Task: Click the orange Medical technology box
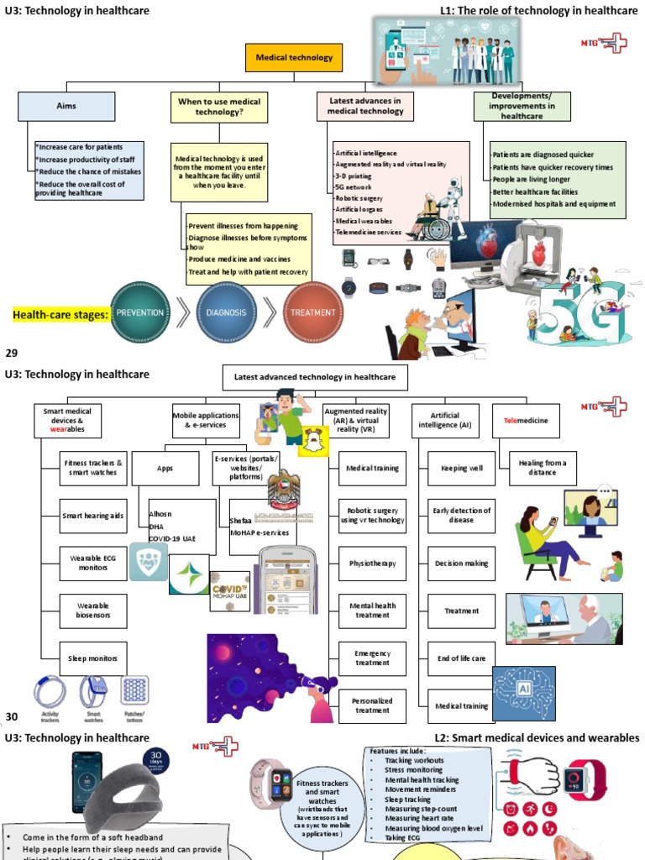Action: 294,58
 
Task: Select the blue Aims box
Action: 66,106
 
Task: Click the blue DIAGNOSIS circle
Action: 227,312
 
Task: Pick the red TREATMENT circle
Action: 312,312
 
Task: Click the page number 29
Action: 12,353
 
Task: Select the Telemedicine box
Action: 527,420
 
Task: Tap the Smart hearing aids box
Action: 93,516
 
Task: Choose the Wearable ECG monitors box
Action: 93,563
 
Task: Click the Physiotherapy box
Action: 372,564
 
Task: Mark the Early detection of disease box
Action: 461,516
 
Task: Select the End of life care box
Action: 461,658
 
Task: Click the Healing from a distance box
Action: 543,467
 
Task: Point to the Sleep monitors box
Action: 93,658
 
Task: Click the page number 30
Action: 12,716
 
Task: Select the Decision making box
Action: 461,564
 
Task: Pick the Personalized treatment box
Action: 372,705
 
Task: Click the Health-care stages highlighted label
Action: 60,316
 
